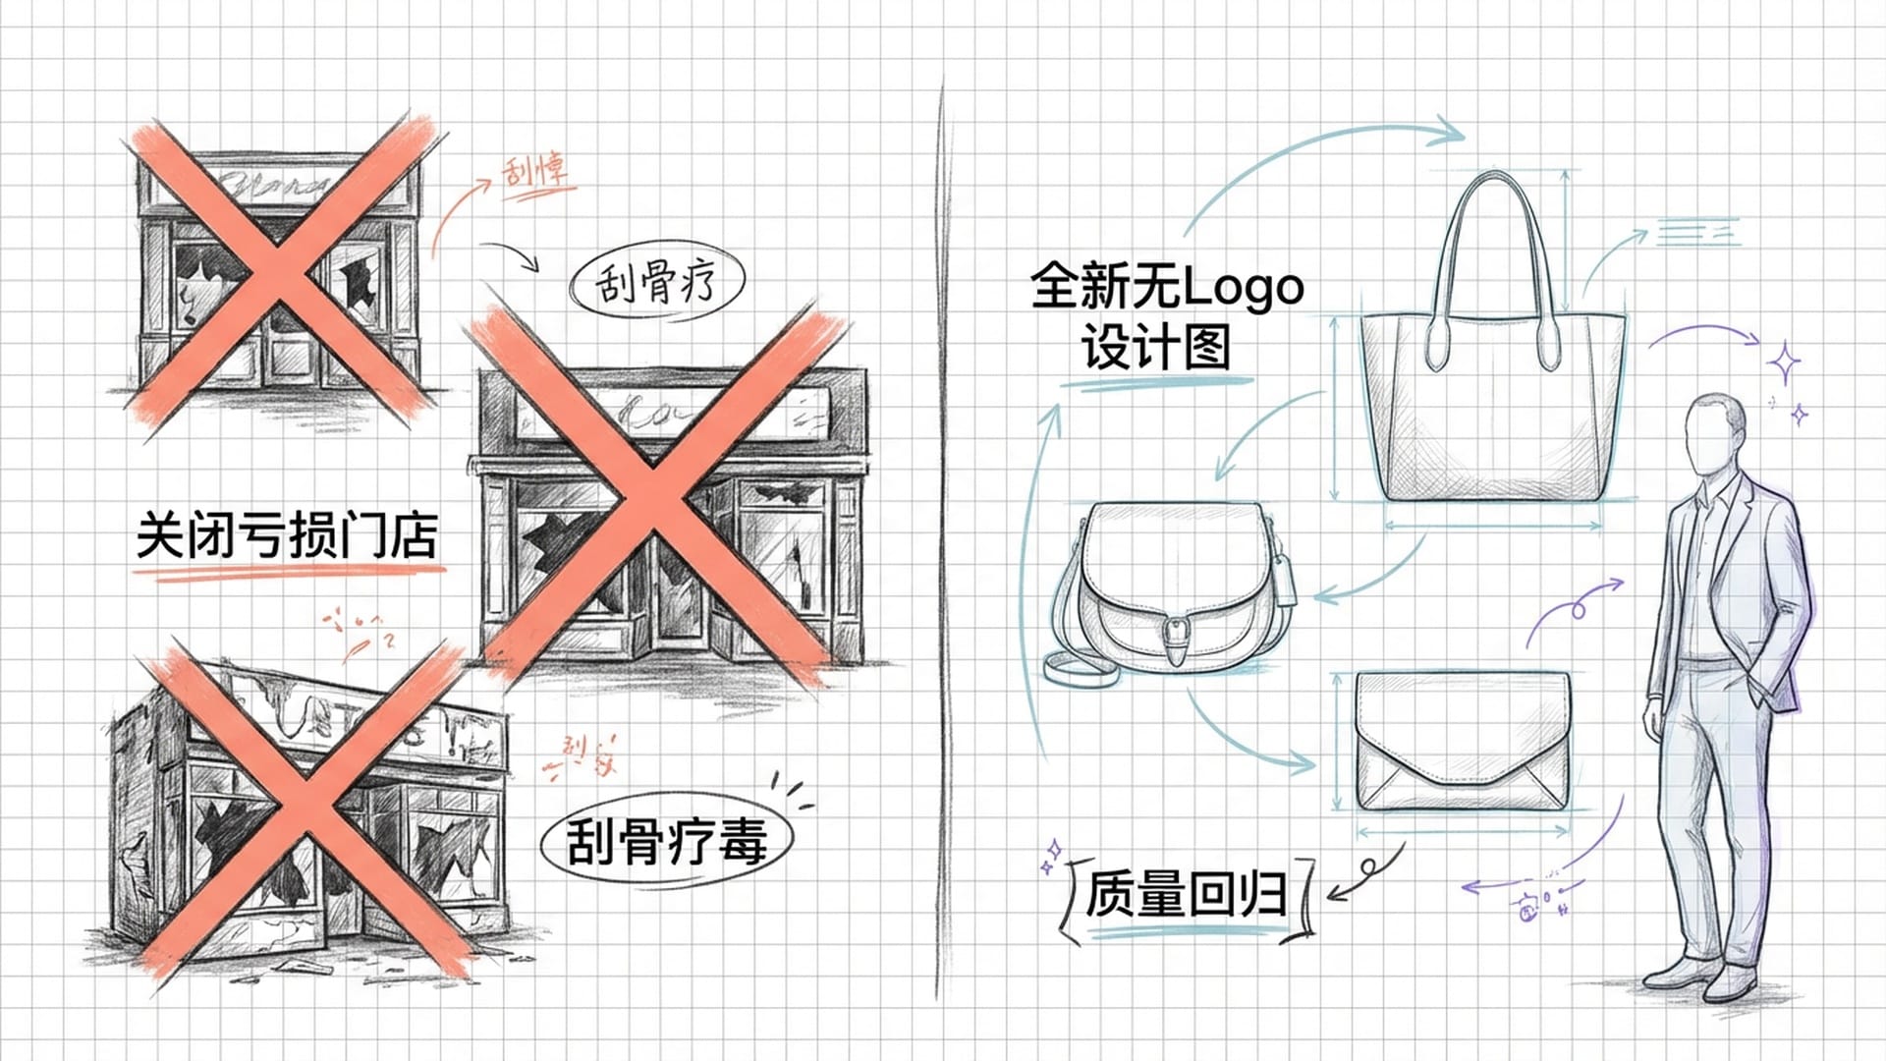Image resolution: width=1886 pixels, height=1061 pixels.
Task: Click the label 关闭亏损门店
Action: [287, 535]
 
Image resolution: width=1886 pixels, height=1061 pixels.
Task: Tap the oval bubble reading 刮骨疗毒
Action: [666, 841]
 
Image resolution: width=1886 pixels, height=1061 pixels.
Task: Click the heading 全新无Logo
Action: [1166, 287]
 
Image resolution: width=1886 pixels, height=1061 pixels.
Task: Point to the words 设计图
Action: [1155, 348]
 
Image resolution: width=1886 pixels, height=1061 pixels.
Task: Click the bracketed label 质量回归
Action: [1187, 895]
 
